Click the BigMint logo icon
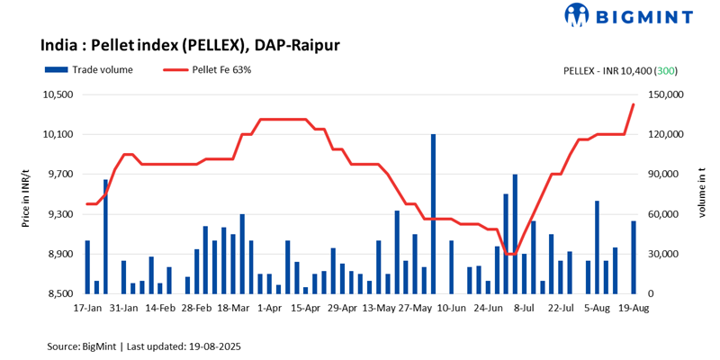click(x=576, y=15)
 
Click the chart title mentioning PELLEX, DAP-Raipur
click(x=189, y=45)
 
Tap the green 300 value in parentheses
click(x=666, y=70)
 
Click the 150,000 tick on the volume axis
click(x=667, y=94)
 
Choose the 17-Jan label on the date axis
click(x=87, y=307)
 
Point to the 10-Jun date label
click(x=452, y=307)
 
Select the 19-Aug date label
click(x=634, y=307)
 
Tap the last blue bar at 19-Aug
click(x=634, y=257)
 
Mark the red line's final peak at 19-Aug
click(x=634, y=104)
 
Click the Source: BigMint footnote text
click(x=144, y=346)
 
